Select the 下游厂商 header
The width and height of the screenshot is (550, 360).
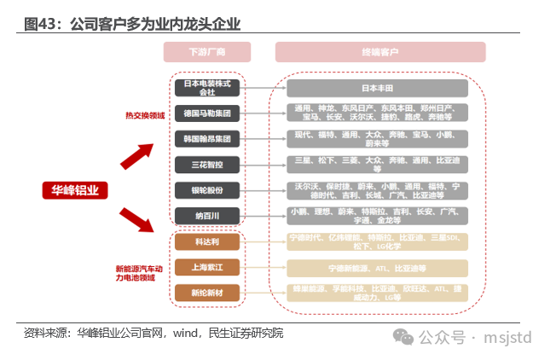(x=207, y=53)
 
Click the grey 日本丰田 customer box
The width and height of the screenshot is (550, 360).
(x=377, y=88)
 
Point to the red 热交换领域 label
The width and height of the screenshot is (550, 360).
(x=145, y=116)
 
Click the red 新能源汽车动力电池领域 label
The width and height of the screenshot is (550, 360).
(x=136, y=272)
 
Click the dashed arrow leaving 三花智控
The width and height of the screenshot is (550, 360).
(x=263, y=164)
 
